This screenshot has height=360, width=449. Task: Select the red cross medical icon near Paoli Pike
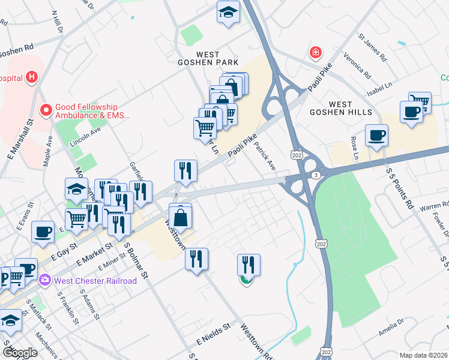(x=315, y=53)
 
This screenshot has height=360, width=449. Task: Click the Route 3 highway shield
(x=315, y=175)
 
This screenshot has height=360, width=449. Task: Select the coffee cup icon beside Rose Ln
(x=376, y=136)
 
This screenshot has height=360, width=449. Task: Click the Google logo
(x=19, y=353)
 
